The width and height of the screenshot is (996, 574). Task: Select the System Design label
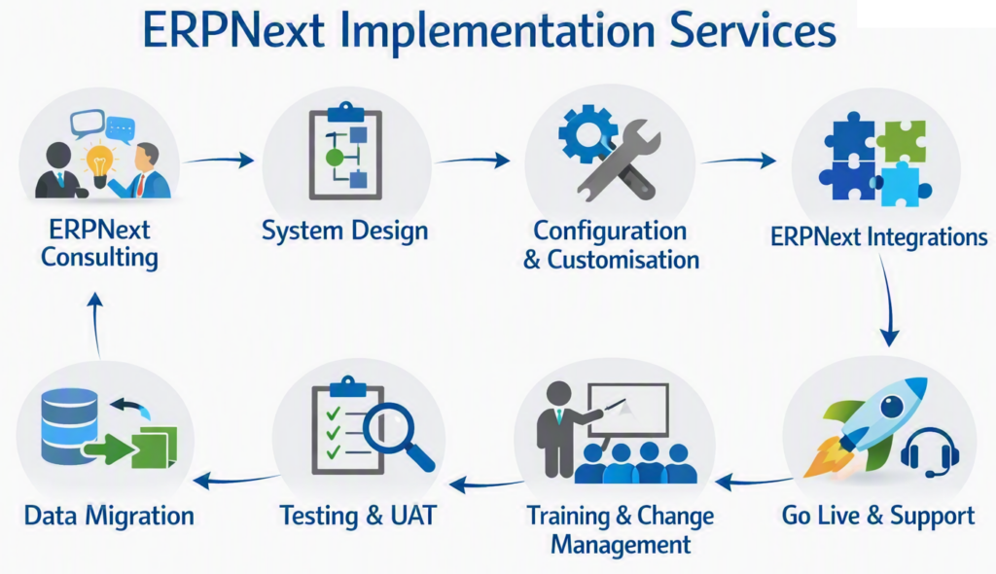pos(345,231)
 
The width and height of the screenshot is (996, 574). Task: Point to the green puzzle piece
pos(901,141)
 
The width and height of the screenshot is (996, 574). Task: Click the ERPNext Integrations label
pos(879,237)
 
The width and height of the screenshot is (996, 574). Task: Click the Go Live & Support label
pos(878,516)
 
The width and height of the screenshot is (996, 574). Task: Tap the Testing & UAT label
pos(358,516)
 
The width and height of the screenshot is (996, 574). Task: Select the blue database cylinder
pos(69,425)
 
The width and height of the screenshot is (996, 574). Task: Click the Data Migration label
pos(109,516)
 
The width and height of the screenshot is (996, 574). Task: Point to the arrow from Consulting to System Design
pos(218,161)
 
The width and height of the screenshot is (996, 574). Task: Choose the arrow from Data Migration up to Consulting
pos(96,324)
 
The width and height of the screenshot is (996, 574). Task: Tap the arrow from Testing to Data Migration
pos(235,480)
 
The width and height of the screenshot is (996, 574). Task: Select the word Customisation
pos(623,260)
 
